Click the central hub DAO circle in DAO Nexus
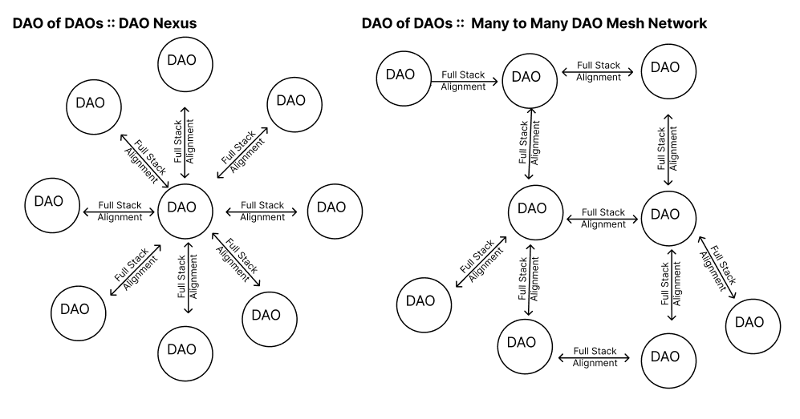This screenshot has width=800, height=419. (185, 207)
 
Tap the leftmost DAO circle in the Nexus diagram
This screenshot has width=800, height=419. (52, 200)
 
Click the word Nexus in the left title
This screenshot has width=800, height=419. (169, 24)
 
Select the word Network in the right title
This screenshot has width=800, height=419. (670, 24)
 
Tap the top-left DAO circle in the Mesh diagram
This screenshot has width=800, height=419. (400, 75)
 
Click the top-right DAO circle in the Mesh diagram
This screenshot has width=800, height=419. (664, 67)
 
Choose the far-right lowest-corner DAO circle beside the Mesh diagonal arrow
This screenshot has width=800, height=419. (749, 322)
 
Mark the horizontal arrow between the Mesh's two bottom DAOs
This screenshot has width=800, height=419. (595, 357)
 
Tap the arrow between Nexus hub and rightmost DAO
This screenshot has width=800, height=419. (262, 212)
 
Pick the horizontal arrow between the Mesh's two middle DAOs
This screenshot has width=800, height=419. (603, 218)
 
